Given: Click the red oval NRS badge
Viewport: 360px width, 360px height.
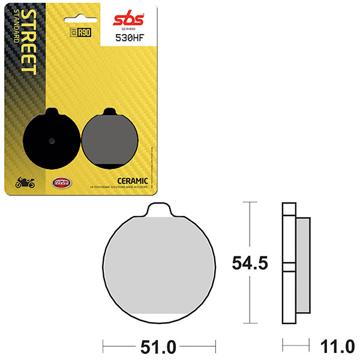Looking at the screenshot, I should (60, 183).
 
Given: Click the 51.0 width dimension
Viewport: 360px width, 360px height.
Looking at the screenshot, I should (158, 347).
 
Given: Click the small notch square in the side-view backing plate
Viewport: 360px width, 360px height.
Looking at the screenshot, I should (289, 268).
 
